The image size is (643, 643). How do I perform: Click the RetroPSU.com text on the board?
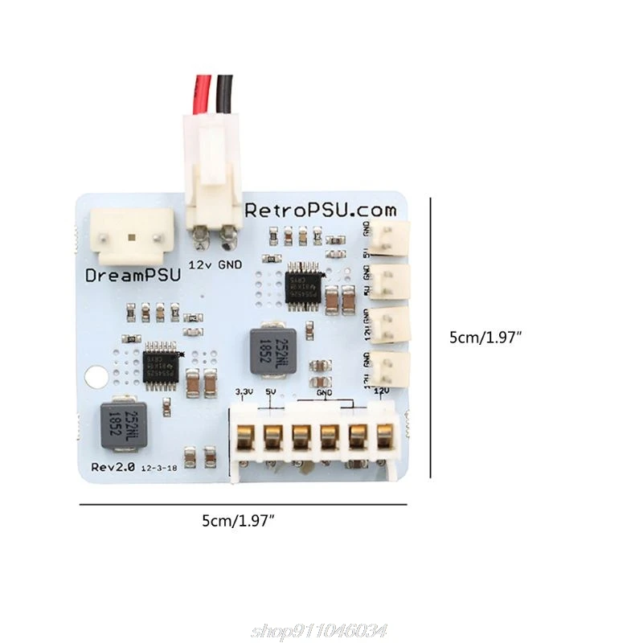point(321,211)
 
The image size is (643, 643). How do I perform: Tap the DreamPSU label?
point(133,275)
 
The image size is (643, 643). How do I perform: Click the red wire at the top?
point(203,92)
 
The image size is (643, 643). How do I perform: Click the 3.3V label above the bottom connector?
point(244,392)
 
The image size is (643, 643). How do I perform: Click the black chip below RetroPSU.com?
point(304,284)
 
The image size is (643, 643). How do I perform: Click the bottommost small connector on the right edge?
point(392,370)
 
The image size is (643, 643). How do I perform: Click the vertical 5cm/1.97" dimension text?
point(486,338)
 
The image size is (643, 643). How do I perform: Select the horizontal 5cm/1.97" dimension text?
point(239,522)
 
